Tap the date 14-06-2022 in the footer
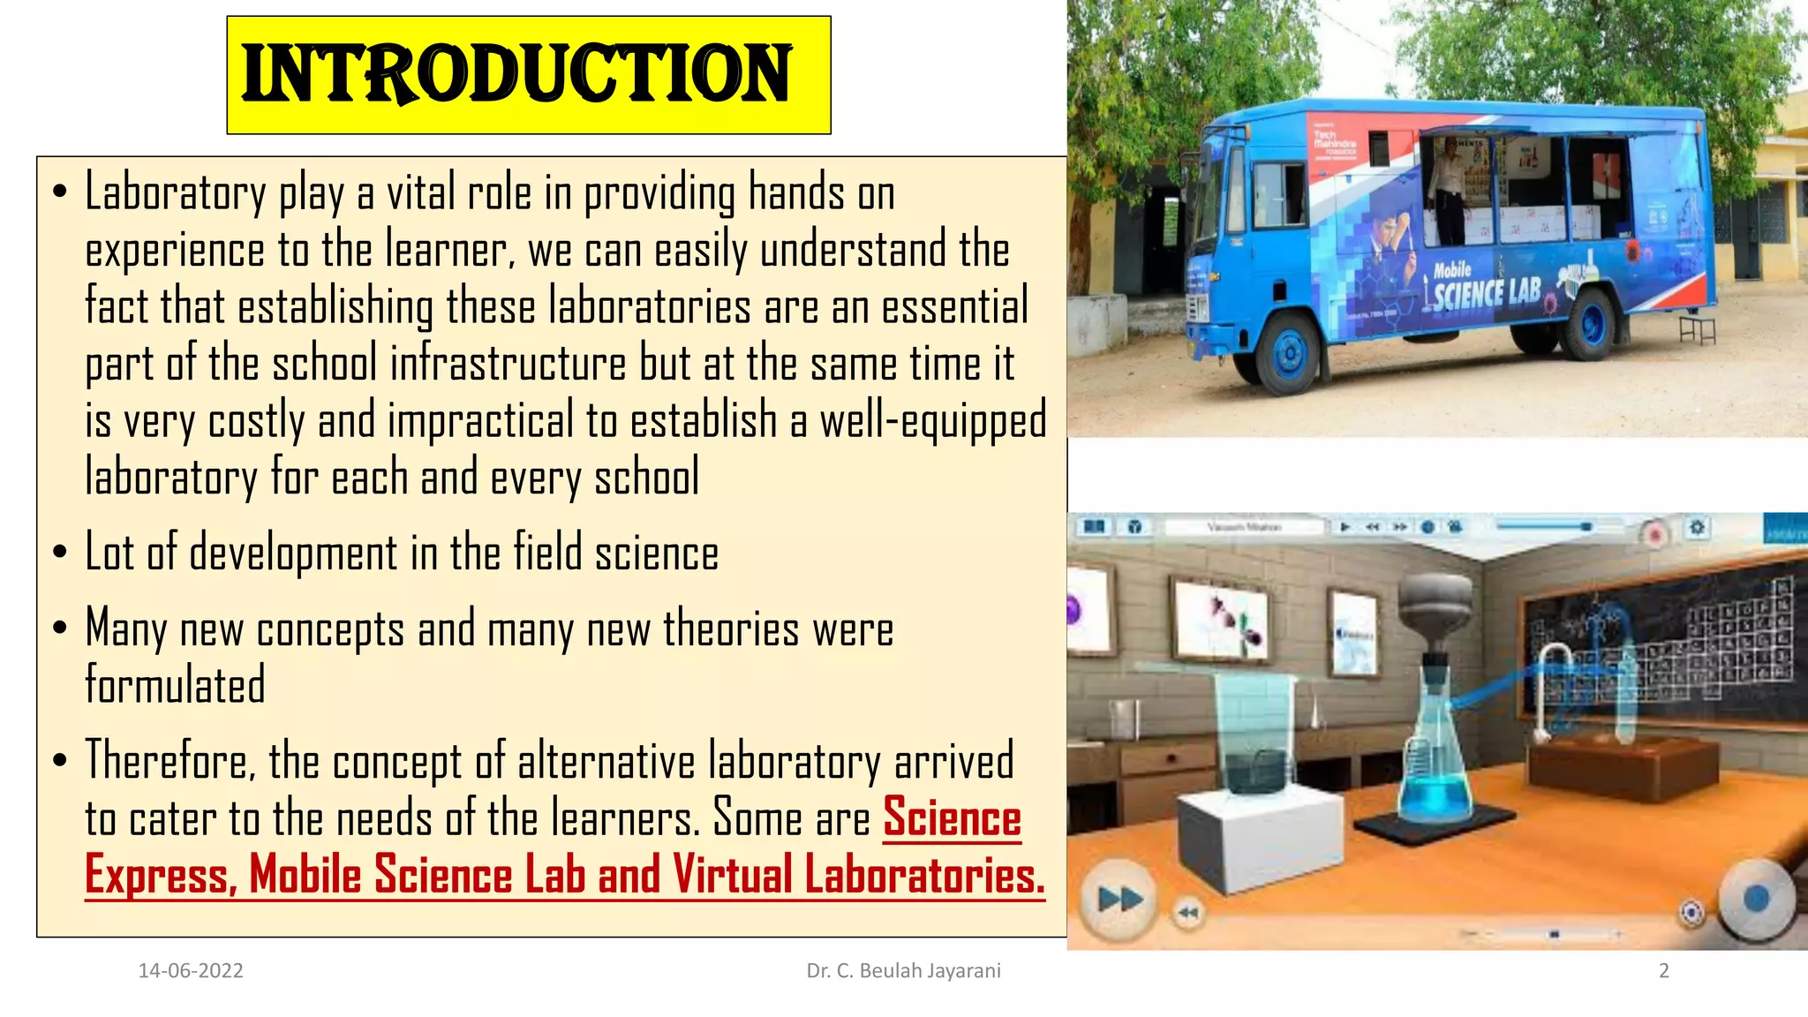[191, 971]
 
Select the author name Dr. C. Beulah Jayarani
[903, 971]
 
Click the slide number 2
[1663, 971]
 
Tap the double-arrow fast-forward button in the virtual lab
[1119, 900]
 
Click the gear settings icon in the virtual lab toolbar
[1697, 528]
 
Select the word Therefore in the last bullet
[169, 761]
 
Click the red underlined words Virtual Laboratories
[858, 875]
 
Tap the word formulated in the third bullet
[175, 685]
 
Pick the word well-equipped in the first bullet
[932, 421]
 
